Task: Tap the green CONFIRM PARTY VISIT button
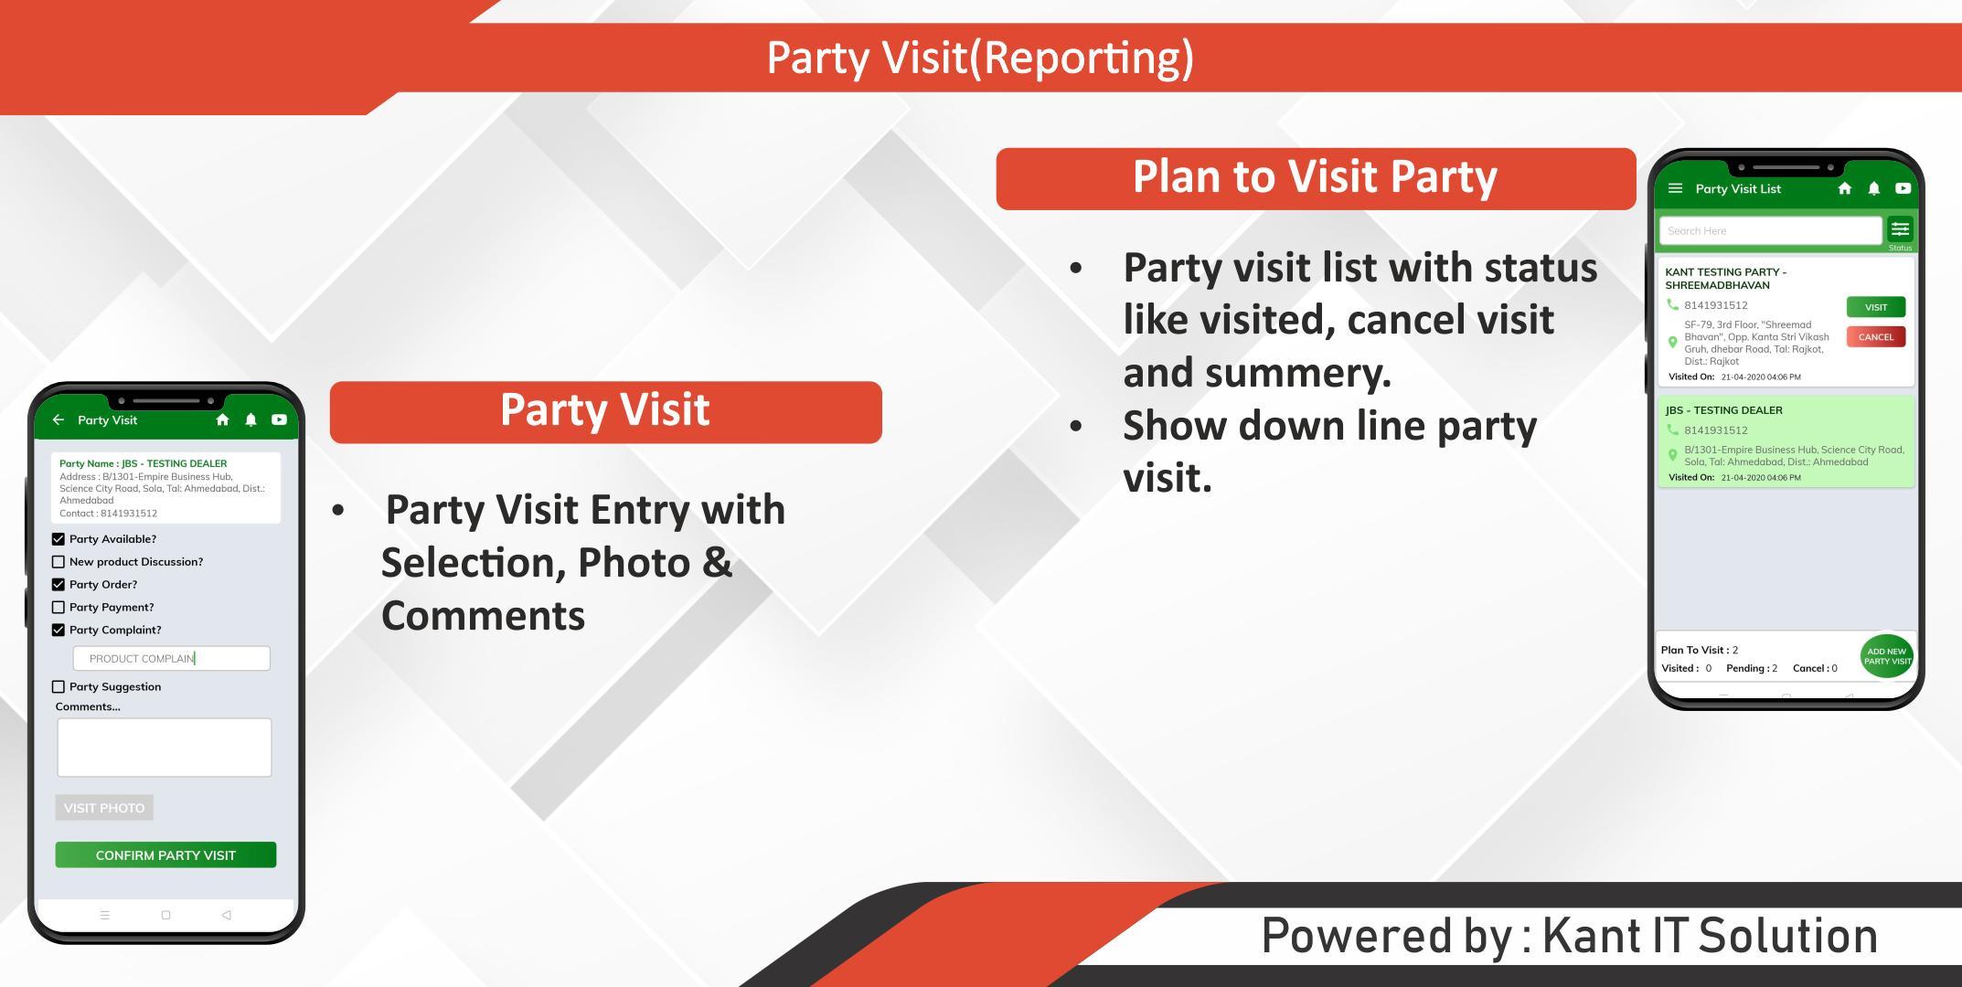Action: tap(165, 854)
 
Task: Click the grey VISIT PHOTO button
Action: tap(104, 808)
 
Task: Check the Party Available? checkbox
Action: tap(59, 539)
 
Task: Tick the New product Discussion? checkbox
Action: tap(59, 562)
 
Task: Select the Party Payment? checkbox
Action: tap(59, 607)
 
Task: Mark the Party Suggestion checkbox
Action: tap(59, 686)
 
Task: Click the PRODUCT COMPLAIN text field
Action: tap(172, 658)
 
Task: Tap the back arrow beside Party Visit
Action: tap(59, 419)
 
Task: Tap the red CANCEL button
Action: tap(1876, 336)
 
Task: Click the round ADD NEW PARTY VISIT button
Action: tap(1887, 656)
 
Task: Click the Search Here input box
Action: tap(1771, 230)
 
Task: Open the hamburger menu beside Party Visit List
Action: tap(1676, 188)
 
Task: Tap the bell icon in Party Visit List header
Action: tap(1874, 188)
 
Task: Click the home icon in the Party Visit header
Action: tap(222, 419)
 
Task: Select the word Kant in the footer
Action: tap(1592, 936)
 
